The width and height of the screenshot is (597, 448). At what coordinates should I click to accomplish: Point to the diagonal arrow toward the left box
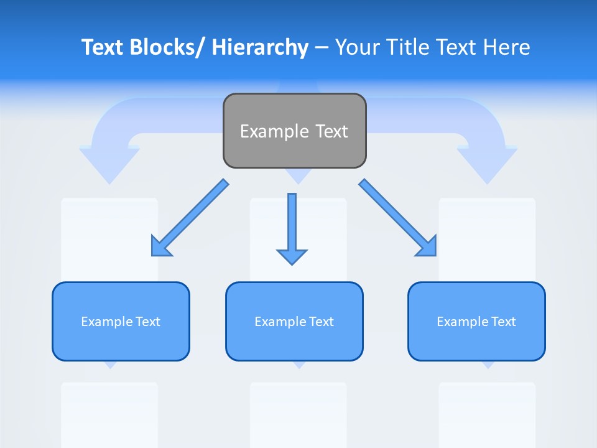click(x=190, y=218)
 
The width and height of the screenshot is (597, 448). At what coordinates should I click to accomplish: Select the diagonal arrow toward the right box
click(x=398, y=218)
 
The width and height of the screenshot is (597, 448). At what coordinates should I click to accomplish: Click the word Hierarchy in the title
click(x=260, y=47)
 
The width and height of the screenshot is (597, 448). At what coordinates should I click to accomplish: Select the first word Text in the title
click(x=103, y=47)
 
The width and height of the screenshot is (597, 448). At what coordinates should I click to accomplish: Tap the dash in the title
click(x=322, y=47)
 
